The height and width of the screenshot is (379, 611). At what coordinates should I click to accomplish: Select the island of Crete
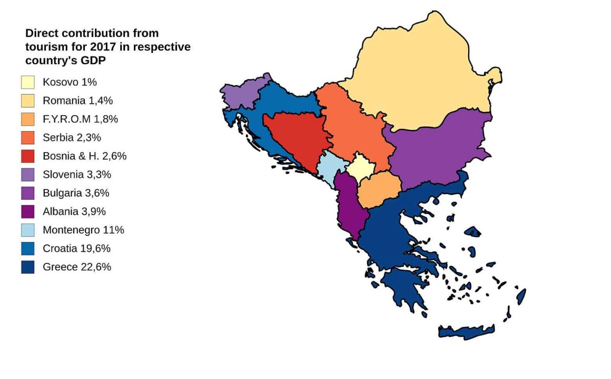[466, 331]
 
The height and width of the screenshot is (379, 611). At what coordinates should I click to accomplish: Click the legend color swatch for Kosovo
[28, 82]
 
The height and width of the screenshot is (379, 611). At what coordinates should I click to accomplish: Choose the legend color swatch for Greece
[28, 267]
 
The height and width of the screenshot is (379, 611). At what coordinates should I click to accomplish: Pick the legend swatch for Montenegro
[28, 230]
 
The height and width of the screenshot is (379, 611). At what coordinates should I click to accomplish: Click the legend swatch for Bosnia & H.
[28, 156]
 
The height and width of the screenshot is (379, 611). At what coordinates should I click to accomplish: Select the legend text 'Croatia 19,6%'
[77, 248]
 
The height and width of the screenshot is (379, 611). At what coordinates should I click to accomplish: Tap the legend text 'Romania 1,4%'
[78, 101]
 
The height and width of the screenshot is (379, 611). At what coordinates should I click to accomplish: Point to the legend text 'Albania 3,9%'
[74, 212]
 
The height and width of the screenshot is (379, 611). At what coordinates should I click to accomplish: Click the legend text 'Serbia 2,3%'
[72, 137]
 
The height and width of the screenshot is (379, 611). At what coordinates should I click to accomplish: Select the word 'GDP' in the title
[92, 61]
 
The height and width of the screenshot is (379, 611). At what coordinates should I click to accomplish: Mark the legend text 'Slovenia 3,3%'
[77, 174]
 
